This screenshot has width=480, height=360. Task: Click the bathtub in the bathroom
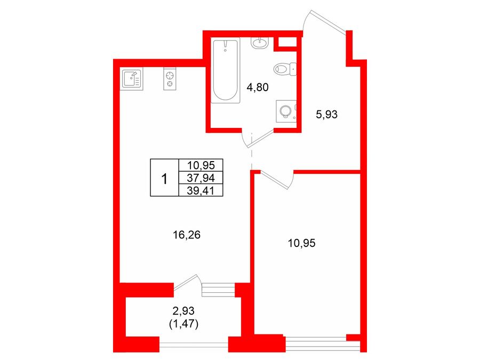tap(225, 70)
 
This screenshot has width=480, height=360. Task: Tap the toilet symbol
tap(285, 69)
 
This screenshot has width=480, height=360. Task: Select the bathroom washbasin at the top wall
tap(260, 43)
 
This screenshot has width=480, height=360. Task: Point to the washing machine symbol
tap(286, 111)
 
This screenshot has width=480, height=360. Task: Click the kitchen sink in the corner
tap(131, 79)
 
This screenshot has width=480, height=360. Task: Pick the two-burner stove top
tap(170, 79)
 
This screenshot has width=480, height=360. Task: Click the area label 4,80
tap(258, 87)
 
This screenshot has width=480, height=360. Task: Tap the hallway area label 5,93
tap(326, 115)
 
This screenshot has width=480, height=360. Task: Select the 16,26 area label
tap(187, 235)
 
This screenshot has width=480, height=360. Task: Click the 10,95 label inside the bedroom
tap(301, 243)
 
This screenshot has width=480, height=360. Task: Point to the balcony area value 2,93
tap(183, 311)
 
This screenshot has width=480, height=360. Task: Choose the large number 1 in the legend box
tap(164, 179)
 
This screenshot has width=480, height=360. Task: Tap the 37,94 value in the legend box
tap(201, 178)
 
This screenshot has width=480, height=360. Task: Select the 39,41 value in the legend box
tap(201, 191)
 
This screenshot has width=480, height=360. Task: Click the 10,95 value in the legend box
tap(201, 165)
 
